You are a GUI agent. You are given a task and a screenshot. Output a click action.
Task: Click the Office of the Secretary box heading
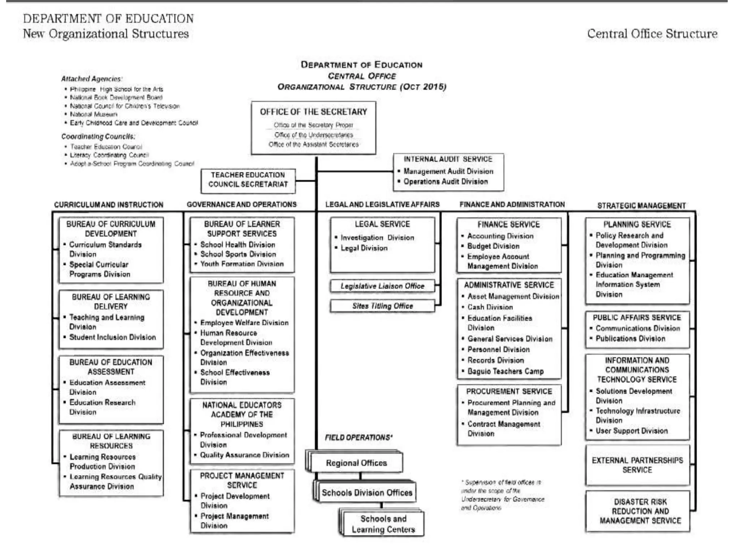coord(313,112)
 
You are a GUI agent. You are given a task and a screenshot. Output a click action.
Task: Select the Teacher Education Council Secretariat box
coord(248,180)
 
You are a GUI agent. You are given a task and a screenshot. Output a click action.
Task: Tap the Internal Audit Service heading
coord(448,159)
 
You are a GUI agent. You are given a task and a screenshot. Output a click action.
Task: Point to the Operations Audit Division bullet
coord(446,182)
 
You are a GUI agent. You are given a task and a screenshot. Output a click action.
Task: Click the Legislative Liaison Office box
coord(382,286)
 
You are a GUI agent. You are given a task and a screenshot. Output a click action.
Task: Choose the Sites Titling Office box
coord(382,306)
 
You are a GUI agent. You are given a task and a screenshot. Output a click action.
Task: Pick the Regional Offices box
coord(356,463)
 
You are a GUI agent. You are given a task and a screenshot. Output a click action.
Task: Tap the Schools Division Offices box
coord(367,493)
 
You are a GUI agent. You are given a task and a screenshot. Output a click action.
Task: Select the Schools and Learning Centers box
coord(383,524)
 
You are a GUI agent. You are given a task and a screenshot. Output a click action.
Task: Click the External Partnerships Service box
coord(637,465)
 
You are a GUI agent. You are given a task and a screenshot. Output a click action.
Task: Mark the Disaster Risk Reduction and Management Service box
coord(640,511)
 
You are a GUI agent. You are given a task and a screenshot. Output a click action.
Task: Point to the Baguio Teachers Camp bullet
coord(505,371)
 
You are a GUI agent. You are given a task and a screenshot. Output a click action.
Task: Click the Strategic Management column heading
coord(641,206)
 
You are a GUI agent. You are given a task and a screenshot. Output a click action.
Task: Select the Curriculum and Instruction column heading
coord(109,205)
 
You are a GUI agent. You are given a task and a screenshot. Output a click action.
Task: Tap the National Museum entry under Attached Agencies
coord(94,115)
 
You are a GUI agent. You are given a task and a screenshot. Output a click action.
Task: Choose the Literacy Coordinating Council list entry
coord(109,155)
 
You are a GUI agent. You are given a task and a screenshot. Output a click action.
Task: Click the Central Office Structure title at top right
coord(652,34)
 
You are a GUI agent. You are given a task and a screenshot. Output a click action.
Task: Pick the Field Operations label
coord(358,438)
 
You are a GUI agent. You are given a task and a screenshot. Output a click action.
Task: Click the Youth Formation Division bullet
coord(242,264)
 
